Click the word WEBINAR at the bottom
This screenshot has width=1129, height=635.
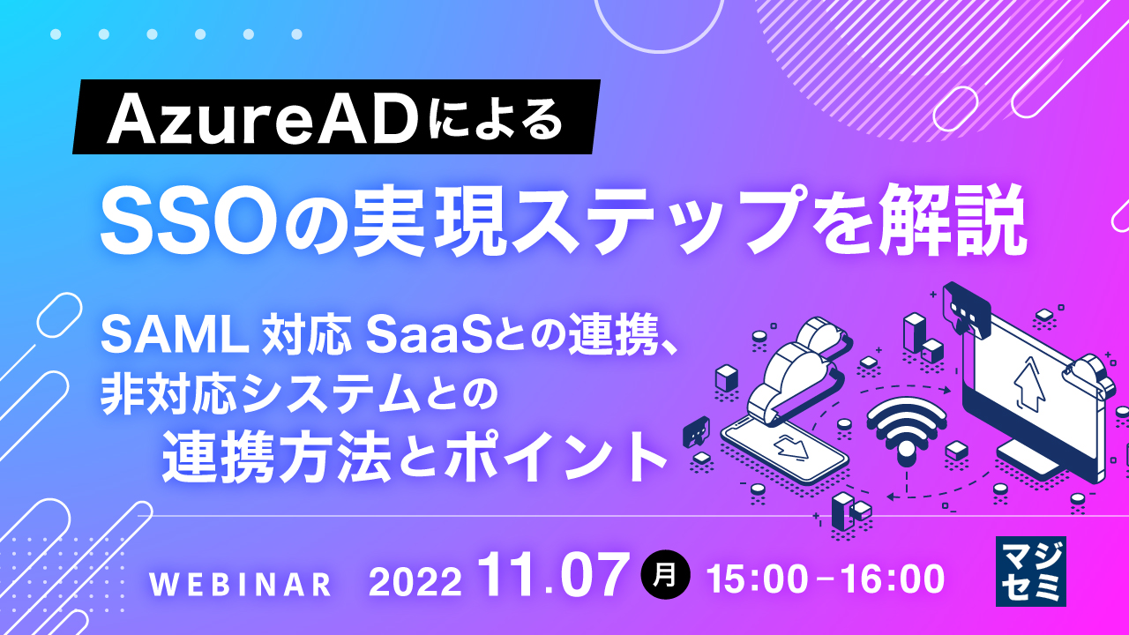pyautogui.click(x=241, y=583)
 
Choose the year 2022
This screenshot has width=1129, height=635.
pyautogui.click(x=415, y=581)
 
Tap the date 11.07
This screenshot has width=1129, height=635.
pyautogui.click(x=555, y=575)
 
